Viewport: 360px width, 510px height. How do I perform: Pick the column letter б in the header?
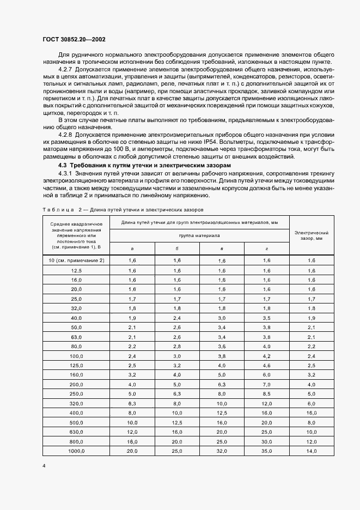click(x=177, y=248)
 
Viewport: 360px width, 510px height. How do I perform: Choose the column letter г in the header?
click(x=266, y=248)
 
